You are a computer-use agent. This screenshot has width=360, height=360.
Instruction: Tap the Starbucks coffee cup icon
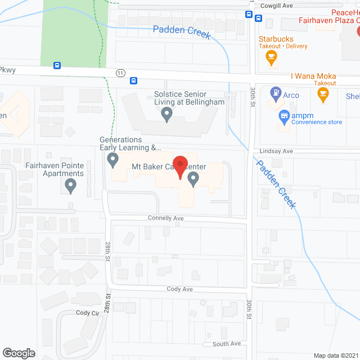(271, 56)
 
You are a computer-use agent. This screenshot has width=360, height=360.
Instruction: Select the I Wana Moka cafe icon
(322, 96)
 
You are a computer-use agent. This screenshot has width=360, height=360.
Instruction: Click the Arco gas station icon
(276, 92)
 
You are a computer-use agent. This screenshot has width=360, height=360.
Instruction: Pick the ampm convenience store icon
(285, 117)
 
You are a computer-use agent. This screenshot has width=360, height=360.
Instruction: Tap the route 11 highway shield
(120, 73)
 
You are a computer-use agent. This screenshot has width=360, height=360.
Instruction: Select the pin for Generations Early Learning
(113, 161)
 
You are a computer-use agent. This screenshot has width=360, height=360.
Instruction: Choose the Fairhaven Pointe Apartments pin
(70, 184)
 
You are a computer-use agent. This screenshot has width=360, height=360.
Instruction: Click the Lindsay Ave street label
(277, 151)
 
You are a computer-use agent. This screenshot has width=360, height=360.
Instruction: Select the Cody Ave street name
(179, 289)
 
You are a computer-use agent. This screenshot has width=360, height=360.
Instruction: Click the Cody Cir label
(87, 313)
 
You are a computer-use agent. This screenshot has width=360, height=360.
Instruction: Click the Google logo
(19, 353)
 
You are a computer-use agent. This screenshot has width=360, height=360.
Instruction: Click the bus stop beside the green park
(57, 65)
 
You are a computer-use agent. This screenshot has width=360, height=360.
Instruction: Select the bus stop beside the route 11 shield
(134, 80)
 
